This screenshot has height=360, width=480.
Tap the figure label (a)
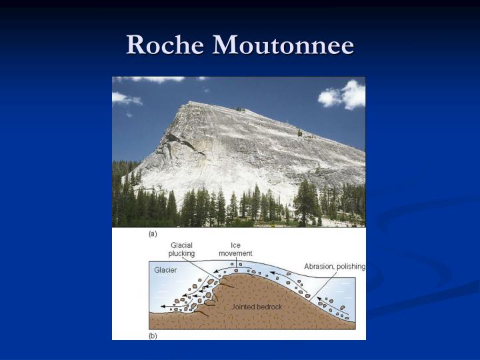click(153, 235)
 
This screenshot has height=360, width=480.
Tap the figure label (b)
click(153, 336)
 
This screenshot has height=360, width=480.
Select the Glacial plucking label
click(181, 249)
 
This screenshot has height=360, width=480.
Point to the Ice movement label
click(235, 249)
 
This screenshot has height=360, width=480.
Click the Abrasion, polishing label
click(335, 267)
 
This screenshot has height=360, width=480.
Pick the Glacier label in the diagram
click(165, 270)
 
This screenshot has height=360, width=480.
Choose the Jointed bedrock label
click(257, 307)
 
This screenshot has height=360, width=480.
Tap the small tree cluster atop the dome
click(239, 109)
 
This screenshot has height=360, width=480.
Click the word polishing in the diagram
click(351, 267)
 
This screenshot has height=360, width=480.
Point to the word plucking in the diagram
click(181, 254)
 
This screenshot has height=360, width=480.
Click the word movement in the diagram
click(235, 254)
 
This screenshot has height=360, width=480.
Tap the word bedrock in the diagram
click(269, 307)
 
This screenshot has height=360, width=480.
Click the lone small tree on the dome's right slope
click(299, 133)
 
